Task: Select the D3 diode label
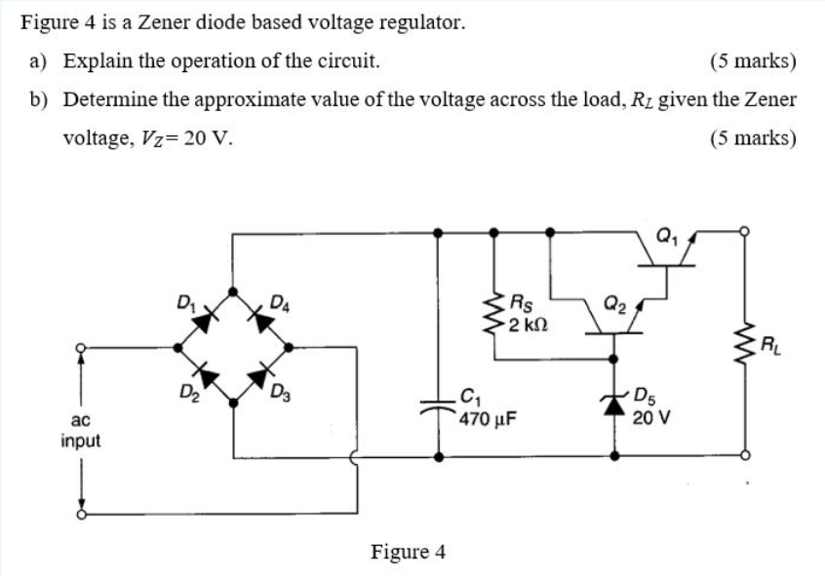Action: pyautogui.click(x=280, y=394)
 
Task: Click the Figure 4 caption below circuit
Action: pyautogui.click(x=408, y=552)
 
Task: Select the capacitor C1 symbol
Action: pyautogui.click(x=438, y=406)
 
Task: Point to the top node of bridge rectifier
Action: pyautogui.click(x=232, y=290)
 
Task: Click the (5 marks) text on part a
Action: pyautogui.click(x=754, y=61)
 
